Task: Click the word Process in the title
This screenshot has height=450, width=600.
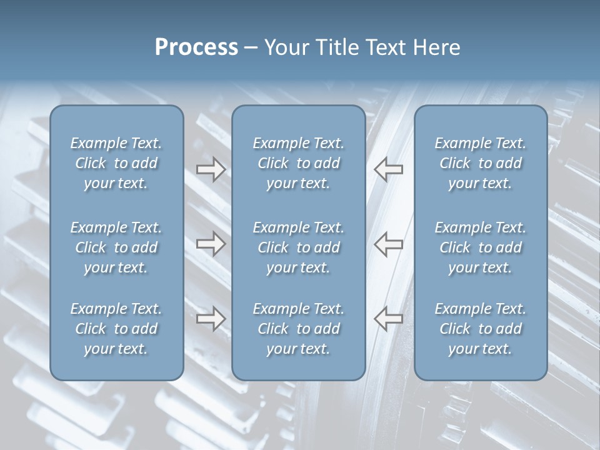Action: click(x=196, y=47)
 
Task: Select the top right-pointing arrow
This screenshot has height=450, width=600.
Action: click(x=211, y=169)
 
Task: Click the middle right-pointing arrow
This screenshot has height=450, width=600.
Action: click(x=211, y=244)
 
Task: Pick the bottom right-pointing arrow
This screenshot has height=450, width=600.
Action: click(x=211, y=319)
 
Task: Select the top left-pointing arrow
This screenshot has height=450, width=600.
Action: click(x=389, y=169)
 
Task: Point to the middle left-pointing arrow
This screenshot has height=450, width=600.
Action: click(x=389, y=244)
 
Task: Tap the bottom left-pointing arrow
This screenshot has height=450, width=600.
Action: click(x=389, y=319)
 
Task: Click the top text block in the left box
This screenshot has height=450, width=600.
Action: click(x=116, y=163)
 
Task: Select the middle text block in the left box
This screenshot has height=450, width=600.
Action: click(x=116, y=247)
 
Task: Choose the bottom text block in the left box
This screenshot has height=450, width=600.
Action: click(x=116, y=329)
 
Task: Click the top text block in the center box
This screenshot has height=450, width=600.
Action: click(x=298, y=163)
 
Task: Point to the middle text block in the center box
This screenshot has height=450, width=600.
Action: click(x=298, y=247)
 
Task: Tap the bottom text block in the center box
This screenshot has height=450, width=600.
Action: click(x=298, y=329)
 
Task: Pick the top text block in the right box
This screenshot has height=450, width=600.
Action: click(x=480, y=163)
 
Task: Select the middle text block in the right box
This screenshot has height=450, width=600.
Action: click(x=480, y=247)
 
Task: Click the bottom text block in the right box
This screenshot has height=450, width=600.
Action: click(x=480, y=329)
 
